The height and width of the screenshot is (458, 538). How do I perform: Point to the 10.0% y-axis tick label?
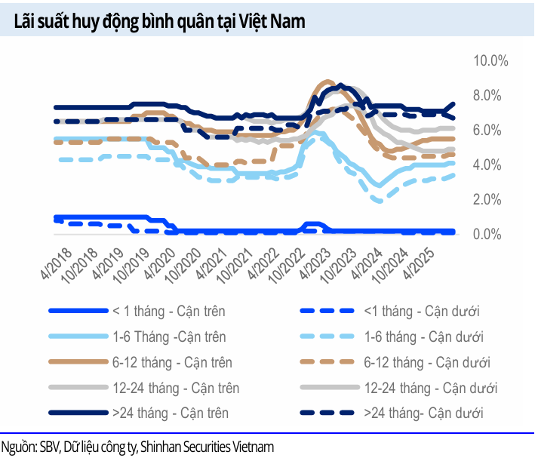(490, 61)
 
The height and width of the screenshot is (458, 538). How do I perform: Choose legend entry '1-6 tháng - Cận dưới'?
(423, 337)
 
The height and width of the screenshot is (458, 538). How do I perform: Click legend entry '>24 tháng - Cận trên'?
(170, 413)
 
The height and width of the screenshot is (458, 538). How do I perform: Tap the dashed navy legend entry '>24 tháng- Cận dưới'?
(423, 413)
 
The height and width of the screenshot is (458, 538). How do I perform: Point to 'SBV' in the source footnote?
(49, 447)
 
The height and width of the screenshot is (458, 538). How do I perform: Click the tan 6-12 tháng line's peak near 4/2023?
(326, 81)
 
